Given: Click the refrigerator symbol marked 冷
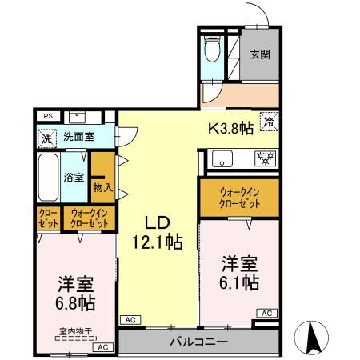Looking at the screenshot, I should (270, 122).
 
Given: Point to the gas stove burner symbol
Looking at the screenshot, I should (265, 157).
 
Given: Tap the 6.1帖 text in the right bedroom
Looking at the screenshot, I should (240, 282).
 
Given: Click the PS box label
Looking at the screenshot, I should (48, 115).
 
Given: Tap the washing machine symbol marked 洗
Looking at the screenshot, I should (46, 136).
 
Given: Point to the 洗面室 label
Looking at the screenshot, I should (78, 136).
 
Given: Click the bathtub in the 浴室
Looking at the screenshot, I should (49, 176).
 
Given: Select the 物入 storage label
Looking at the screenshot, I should (102, 187).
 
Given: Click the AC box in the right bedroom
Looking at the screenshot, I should (267, 313).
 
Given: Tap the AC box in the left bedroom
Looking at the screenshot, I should (102, 348).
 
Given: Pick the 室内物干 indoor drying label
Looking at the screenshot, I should (75, 331).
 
